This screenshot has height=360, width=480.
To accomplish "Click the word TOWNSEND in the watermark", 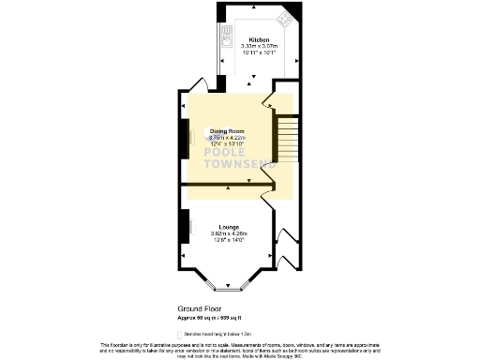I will pyautogui.click(x=232, y=165).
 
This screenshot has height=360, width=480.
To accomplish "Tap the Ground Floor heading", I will pyautogui.click(x=199, y=307).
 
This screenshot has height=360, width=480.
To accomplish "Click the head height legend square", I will pyautogui.click(x=180, y=333).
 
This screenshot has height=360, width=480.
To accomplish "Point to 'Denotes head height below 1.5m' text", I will pyautogui.click(x=213, y=333).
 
